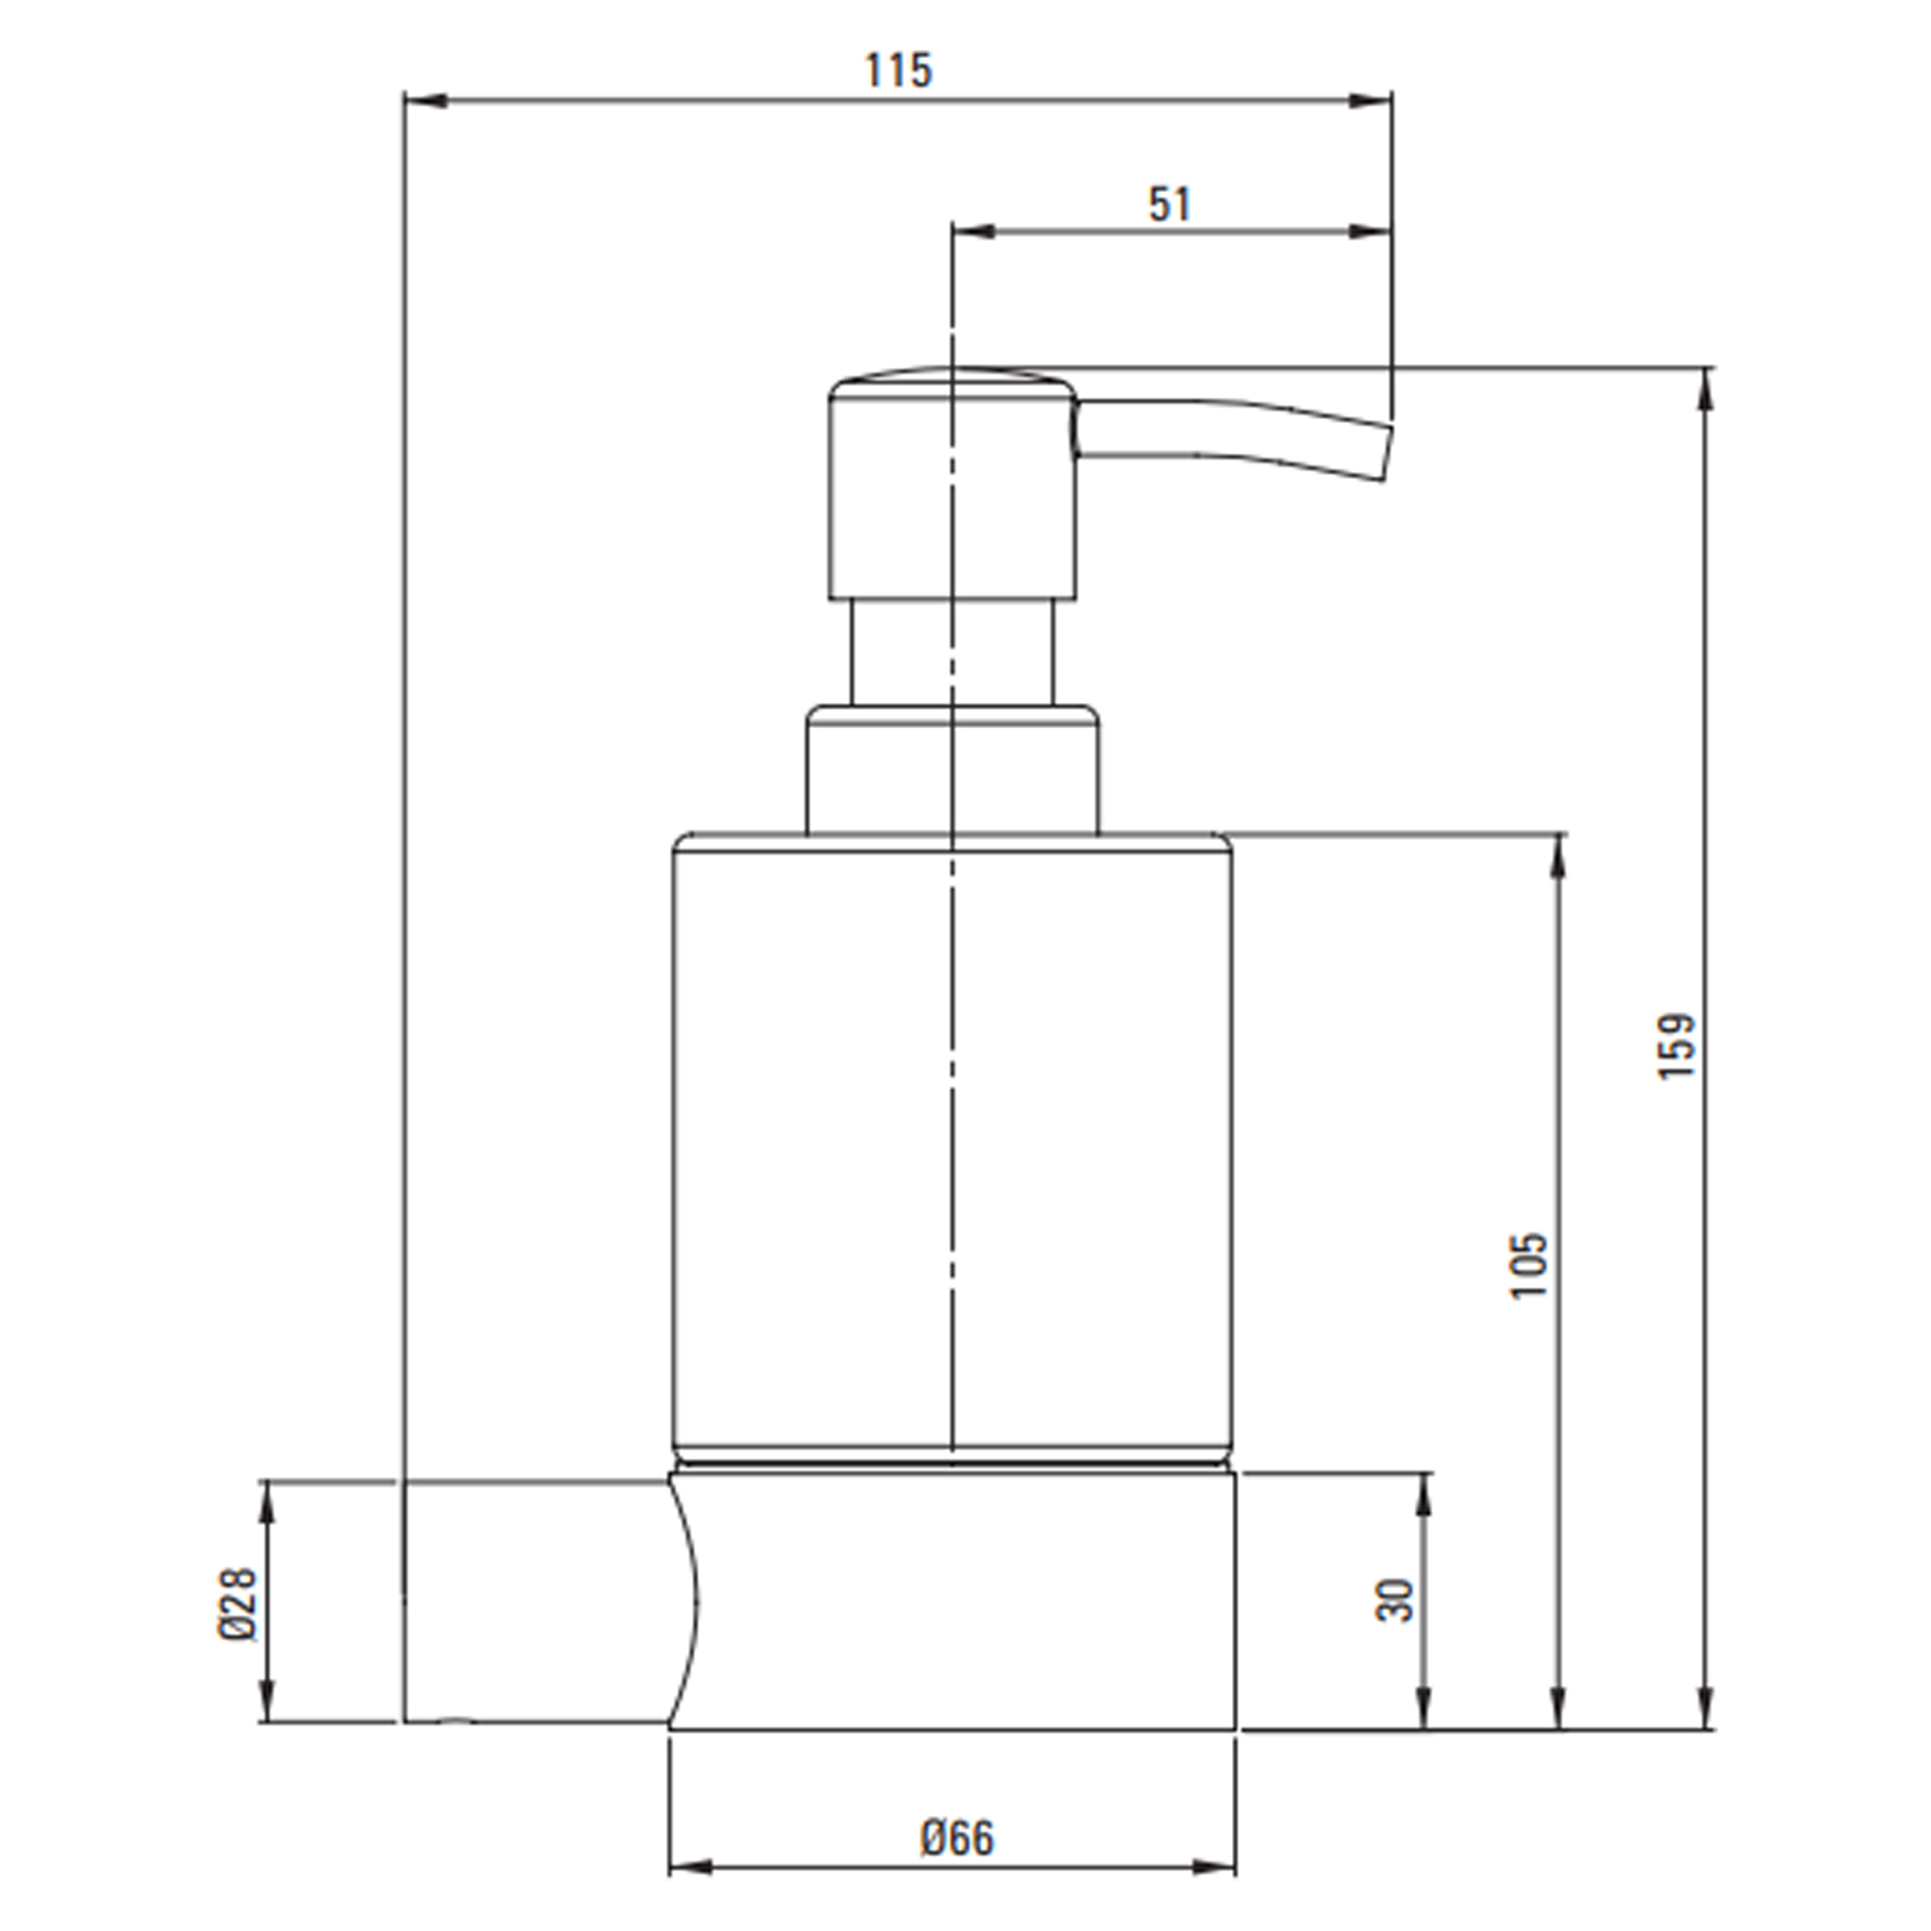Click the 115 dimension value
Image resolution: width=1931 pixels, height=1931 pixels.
[x=898, y=70]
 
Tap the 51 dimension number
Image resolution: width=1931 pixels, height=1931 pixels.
[x=1169, y=205]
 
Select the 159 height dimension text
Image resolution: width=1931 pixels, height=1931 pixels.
[x=1676, y=1045]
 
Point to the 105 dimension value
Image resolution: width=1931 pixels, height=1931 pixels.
[x=1528, y=1265]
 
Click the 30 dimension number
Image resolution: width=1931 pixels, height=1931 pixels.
[x=1395, y=1599]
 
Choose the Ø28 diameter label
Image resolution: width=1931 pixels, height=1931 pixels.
[x=238, y=1603]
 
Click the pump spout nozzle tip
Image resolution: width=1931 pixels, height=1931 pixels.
[x=1387, y=453]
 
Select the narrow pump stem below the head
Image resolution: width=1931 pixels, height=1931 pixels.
[x=953, y=653]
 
